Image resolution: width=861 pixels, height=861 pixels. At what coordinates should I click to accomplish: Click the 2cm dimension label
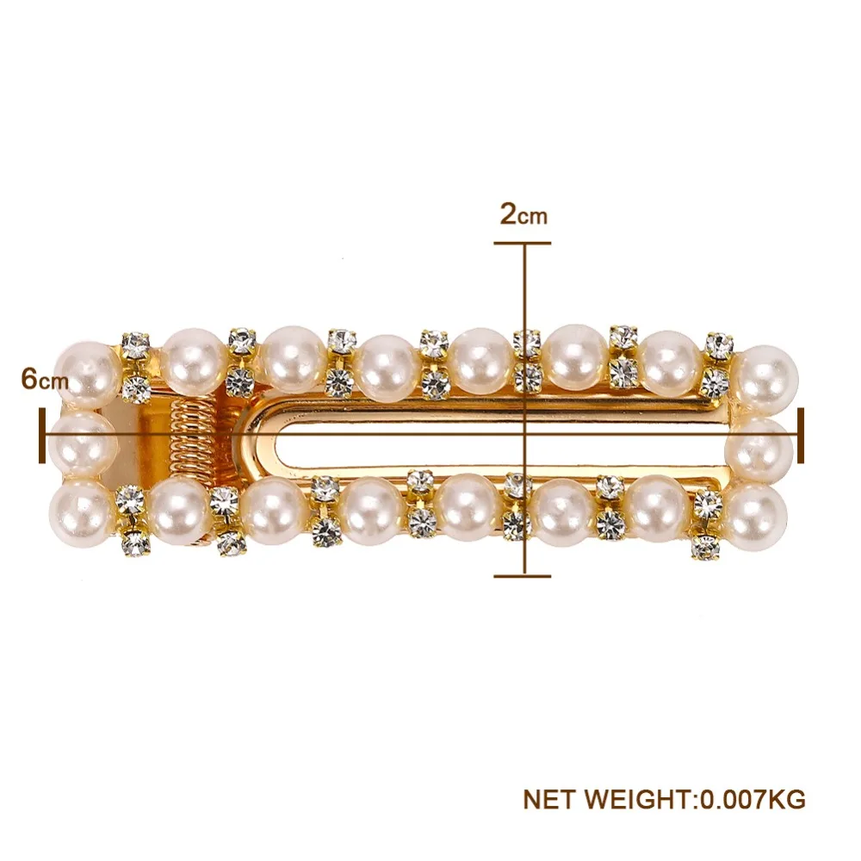tap(523, 214)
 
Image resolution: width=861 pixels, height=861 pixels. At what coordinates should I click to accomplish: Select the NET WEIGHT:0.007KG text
tap(664, 799)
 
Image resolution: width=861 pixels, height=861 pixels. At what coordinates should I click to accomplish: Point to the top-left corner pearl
tap(88, 374)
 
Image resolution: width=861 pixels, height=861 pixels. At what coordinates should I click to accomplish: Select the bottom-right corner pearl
tap(756, 517)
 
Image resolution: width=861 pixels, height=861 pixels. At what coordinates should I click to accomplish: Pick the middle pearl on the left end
tap(83, 445)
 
